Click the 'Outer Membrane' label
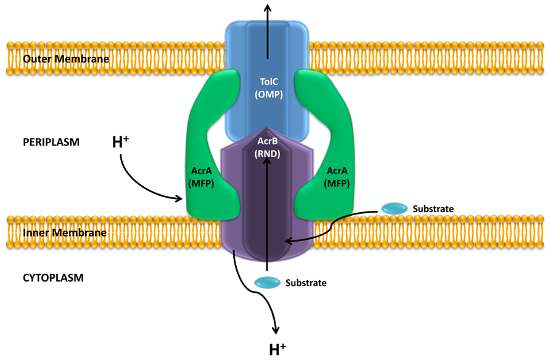pyautogui.click(x=65, y=59)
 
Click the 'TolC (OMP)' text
pyautogui.click(x=268, y=88)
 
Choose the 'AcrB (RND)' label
pyautogui.click(x=268, y=148)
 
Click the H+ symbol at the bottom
pyautogui.click(x=277, y=350)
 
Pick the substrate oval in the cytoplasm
pyautogui.click(x=267, y=282)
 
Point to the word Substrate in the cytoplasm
pyautogui.click(x=306, y=283)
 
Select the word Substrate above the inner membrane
pyautogui.click(x=433, y=209)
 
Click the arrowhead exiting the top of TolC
pyautogui.click(x=268, y=7)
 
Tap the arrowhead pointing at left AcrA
pyautogui.click(x=181, y=198)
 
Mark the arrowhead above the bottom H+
pyautogui.click(x=276, y=330)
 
